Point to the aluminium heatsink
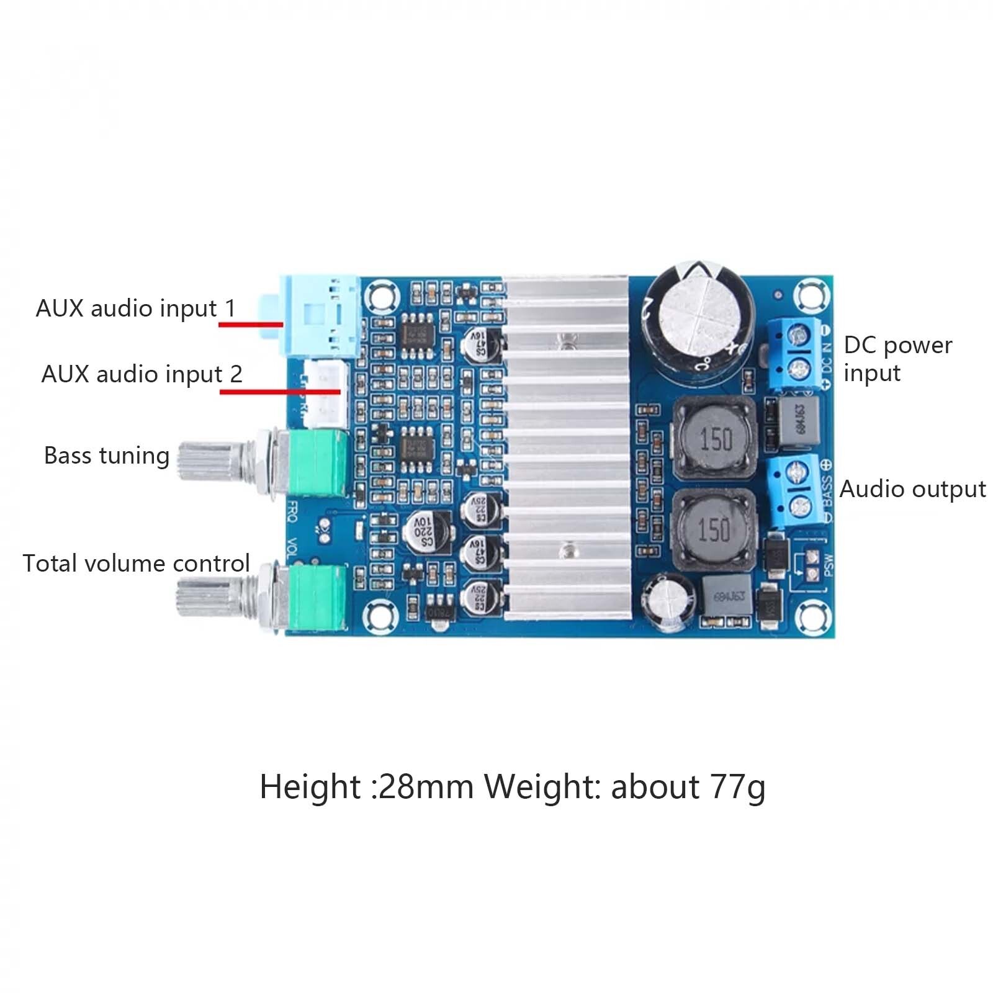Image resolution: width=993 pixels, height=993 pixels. tap(566, 447)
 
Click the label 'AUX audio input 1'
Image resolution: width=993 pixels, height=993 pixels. tap(135, 308)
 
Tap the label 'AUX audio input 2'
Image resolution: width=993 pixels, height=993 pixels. tap(142, 374)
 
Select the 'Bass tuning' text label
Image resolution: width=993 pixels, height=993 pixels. tap(107, 456)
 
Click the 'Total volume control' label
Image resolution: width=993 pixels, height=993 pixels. tap(136, 564)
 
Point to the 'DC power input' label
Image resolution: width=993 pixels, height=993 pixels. tap(897, 359)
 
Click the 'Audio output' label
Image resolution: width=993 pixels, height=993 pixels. tap(912, 490)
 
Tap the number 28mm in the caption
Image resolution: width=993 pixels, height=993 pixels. tap(426, 787)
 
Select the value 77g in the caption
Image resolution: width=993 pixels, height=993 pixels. tap(738, 787)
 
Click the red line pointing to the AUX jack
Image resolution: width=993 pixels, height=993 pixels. tap(251, 324)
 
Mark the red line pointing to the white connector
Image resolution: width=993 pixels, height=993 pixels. tap(280, 392)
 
